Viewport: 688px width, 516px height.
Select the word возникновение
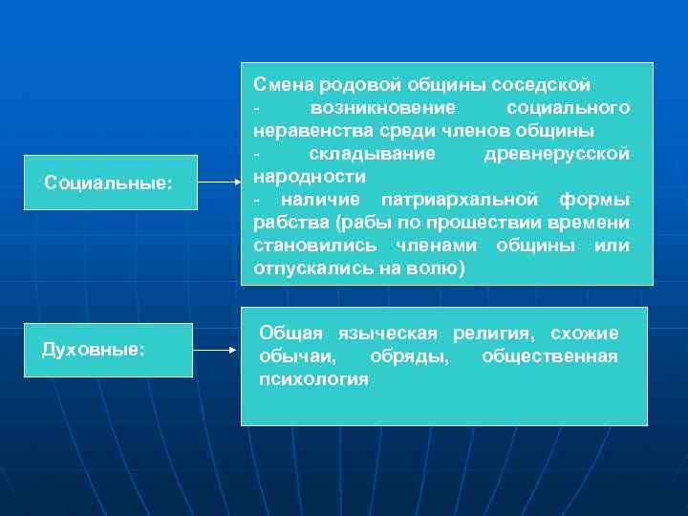(376, 107)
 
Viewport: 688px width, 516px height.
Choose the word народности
(310, 177)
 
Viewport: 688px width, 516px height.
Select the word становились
(306, 246)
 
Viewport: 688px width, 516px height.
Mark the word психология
(313, 379)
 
